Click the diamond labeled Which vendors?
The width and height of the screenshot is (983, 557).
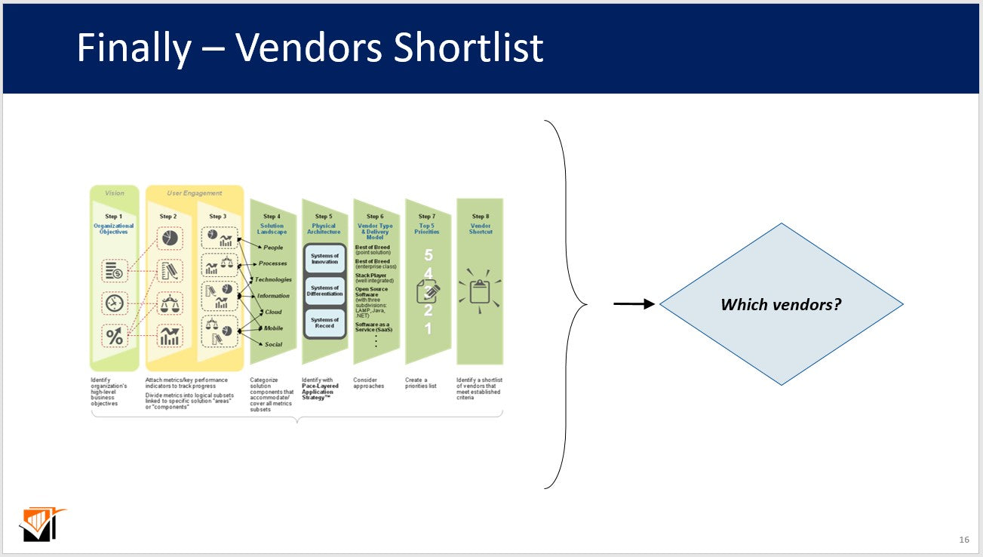781,304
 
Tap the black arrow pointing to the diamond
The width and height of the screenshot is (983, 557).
634,304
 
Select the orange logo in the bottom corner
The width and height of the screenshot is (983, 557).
41,525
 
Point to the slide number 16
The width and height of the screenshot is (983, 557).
963,540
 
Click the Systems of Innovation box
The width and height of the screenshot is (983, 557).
324,259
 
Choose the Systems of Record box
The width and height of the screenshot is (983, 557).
324,322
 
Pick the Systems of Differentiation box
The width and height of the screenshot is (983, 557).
324,291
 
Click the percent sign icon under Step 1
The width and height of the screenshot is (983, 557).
115,337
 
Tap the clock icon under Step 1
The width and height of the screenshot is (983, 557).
115,303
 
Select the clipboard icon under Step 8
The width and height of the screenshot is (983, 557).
480,291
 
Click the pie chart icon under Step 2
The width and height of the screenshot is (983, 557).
169,238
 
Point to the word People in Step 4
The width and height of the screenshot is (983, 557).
273,248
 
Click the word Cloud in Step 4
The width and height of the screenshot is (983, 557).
273,312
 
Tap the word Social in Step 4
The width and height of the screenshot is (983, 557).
273,344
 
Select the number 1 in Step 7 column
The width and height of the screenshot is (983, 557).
428,329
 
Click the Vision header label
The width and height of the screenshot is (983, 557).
114,193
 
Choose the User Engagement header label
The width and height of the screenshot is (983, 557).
195,193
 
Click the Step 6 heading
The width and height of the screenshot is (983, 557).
373,217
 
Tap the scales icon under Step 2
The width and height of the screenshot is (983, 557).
169,303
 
